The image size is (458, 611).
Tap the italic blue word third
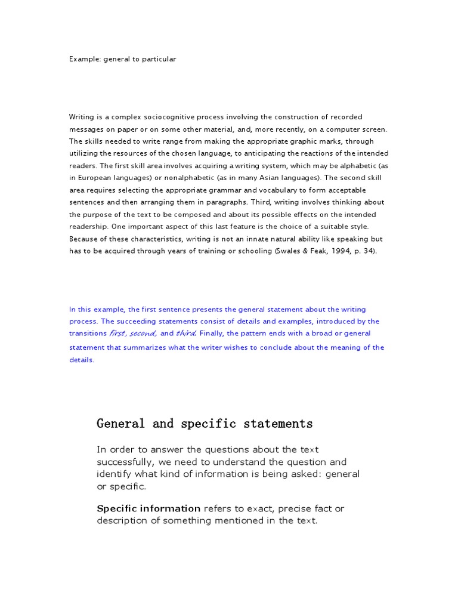point(186,334)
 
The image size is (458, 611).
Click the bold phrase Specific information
point(148,508)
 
